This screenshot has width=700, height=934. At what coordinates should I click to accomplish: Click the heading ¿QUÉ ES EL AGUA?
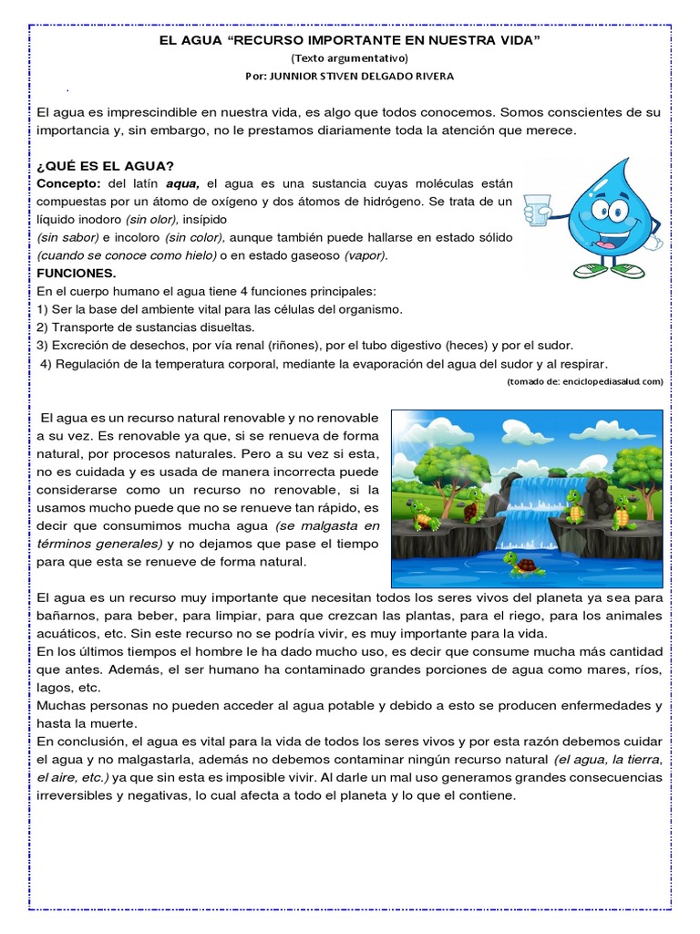[105, 165]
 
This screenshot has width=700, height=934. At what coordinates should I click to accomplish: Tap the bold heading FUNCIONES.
[76, 273]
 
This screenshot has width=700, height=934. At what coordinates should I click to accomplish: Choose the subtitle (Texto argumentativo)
[350, 57]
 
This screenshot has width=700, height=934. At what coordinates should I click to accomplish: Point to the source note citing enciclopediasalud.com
[584, 381]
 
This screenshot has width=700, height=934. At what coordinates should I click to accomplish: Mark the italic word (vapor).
[365, 254]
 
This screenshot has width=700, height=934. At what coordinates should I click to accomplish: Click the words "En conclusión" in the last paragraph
[77, 741]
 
